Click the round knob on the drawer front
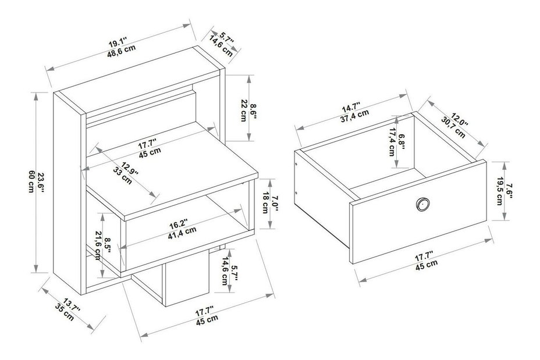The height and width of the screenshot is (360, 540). pyautogui.click(x=422, y=204)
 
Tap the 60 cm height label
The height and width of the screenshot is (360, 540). pyautogui.click(x=31, y=181)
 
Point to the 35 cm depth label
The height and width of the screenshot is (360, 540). pyautogui.click(x=65, y=312)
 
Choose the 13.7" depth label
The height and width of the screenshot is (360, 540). pyautogui.click(x=72, y=305)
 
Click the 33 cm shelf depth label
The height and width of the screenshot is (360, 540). pyautogui.click(x=122, y=176)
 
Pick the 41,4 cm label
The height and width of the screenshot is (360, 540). pyautogui.click(x=182, y=234)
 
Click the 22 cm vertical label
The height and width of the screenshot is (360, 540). pyautogui.click(x=243, y=111)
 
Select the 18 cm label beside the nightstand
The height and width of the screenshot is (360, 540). pyautogui.click(x=265, y=203)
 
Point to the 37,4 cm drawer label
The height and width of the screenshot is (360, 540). pyautogui.click(x=355, y=116)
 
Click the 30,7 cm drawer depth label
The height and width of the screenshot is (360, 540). pyautogui.click(x=453, y=128)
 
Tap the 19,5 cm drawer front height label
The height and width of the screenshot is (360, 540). pyautogui.click(x=499, y=191)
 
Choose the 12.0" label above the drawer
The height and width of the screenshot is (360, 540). pyautogui.click(x=460, y=121)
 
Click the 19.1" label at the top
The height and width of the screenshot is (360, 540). pyautogui.click(x=118, y=43)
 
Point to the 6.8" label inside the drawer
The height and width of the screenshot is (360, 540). pyautogui.click(x=401, y=142)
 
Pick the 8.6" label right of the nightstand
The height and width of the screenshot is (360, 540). pyautogui.click(x=253, y=111)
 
